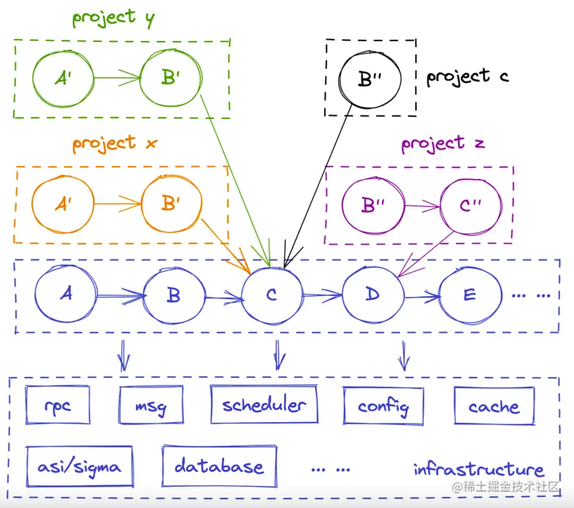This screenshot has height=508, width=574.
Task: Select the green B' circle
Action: (171, 76)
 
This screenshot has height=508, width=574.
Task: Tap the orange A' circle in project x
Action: (62, 204)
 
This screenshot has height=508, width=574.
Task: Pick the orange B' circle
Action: (171, 204)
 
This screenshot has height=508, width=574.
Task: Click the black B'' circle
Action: (367, 79)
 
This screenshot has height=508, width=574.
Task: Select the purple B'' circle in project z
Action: (373, 205)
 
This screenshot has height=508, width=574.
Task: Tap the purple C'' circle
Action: (470, 205)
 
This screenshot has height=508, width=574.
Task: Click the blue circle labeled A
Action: (65, 294)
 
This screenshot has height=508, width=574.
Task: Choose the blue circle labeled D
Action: (372, 295)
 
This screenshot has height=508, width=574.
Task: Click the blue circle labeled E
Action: (469, 295)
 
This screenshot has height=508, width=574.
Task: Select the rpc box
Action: (58, 406)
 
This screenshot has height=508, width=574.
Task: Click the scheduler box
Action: (265, 405)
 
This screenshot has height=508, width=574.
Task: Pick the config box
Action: (383, 406)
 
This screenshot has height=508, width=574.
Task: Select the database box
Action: (219, 465)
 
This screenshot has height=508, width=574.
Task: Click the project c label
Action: (467, 76)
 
